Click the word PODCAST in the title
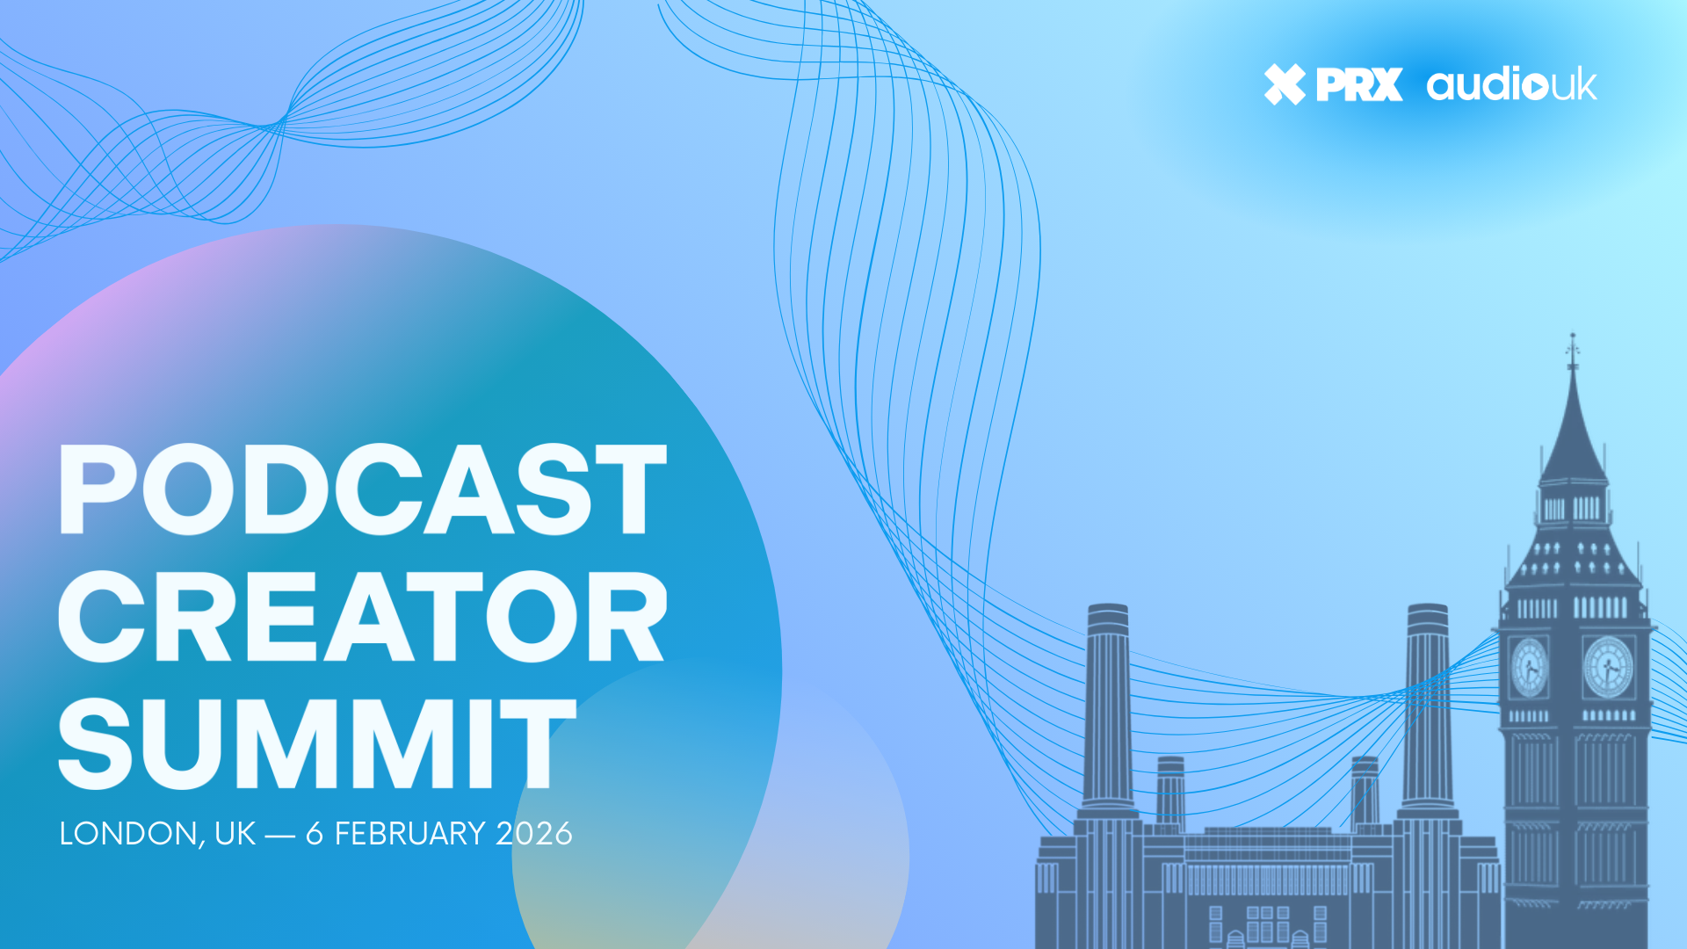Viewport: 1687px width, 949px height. pos(362,489)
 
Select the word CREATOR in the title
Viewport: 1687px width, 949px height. pos(362,616)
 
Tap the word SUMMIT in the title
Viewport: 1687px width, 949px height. pos(317,743)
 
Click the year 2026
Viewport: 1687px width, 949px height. pos(534,833)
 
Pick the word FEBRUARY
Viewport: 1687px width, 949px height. pos(410,833)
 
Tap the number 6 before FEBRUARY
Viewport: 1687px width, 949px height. pos(315,833)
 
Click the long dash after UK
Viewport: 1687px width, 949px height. pos(279,835)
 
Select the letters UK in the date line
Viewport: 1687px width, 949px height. pos(235,833)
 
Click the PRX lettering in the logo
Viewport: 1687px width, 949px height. pos(1359,84)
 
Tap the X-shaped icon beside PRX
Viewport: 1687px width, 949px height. pos(1285,84)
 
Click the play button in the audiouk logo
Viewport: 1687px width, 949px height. pos(1535,86)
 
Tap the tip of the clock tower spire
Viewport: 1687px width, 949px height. pos(1573,335)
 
